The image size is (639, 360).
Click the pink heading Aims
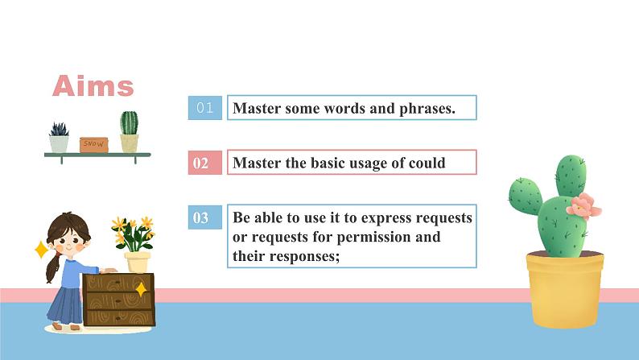click(93, 85)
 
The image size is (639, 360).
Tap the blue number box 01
click(204, 108)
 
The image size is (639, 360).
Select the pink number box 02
click(204, 163)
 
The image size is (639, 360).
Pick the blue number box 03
click(204, 217)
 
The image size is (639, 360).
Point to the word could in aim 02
click(426, 163)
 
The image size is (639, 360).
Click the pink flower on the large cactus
click(587, 205)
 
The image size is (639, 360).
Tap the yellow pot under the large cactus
click(564, 288)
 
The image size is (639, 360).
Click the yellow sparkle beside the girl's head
click(41, 250)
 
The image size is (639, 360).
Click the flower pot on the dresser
click(138, 261)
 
